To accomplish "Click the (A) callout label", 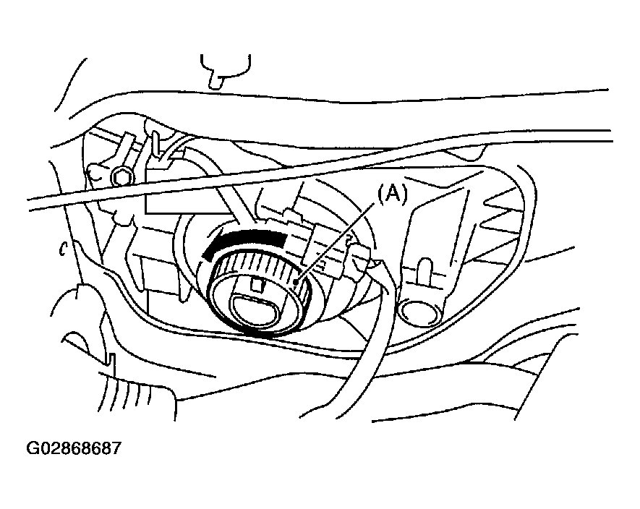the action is click(x=392, y=194).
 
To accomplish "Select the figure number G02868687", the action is click(x=74, y=448).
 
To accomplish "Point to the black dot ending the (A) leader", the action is click(x=296, y=281).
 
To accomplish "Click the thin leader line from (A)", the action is click(x=335, y=242).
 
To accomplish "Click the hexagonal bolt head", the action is click(x=121, y=177).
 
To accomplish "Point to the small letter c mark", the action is click(x=63, y=249).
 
